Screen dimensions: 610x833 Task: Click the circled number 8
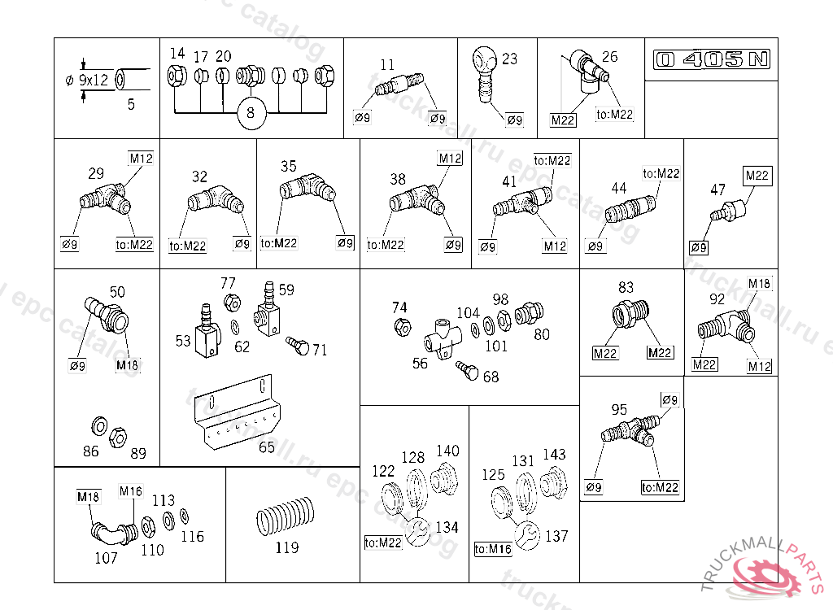[251, 113]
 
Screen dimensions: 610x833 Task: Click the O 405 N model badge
[711, 59]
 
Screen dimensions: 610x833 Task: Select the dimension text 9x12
[95, 80]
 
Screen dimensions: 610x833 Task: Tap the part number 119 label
[286, 547]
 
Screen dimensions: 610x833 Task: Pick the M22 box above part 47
[757, 176]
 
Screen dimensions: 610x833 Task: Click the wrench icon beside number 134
[421, 529]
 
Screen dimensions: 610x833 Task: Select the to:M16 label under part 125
[493, 550]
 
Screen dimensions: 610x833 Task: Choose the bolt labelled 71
[298, 346]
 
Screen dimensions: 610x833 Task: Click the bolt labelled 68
[469, 371]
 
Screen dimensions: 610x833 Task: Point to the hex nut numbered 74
[401, 328]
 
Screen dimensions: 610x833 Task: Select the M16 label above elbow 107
[131, 491]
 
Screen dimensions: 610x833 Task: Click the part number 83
[626, 287]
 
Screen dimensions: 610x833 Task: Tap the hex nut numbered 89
[117, 434]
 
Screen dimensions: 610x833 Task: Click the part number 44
[619, 188]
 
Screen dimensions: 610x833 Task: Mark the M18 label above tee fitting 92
[759, 283]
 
